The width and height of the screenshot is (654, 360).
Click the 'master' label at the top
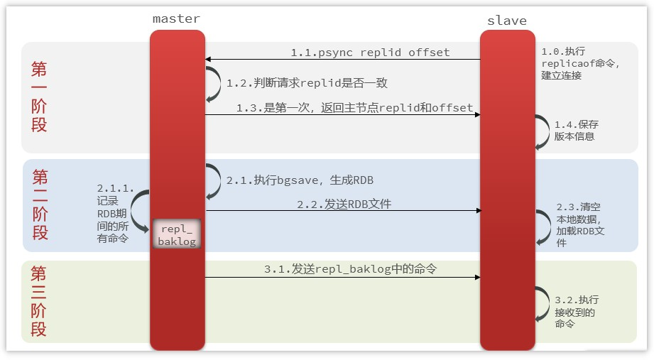pyautogui.click(x=176, y=18)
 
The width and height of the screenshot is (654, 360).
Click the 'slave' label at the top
pyautogui.click(x=506, y=20)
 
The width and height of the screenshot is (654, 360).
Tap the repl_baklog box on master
pyautogui.click(x=177, y=235)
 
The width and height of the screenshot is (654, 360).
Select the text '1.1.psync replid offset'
pyautogui.click(x=370, y=53)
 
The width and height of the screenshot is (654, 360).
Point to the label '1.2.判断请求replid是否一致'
pyautogui.click(x=307, y=83)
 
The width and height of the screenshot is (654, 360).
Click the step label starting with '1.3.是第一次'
pyautogui.click(x=354, y=108)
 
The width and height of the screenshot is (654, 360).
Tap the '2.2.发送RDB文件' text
pyautogui.click(x=344, y=204)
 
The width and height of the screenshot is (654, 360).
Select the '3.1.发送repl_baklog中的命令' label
pyautogui.click(x=350, y=269)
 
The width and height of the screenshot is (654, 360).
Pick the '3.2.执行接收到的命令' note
pyautogui.click(x=577, y=312)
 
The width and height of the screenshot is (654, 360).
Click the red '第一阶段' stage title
pyautogui.click(x=40, y=97)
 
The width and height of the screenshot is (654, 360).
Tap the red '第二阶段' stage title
pyautogui.click(x=40, y=205)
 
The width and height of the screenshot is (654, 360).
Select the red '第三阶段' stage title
pyautogui.click(x=39, y=302)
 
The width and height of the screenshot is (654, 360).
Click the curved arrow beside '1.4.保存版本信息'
pyautogui.click(x=543, y=130)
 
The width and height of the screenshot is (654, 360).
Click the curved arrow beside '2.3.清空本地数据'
pyautogui.click(x=543, y=226)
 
